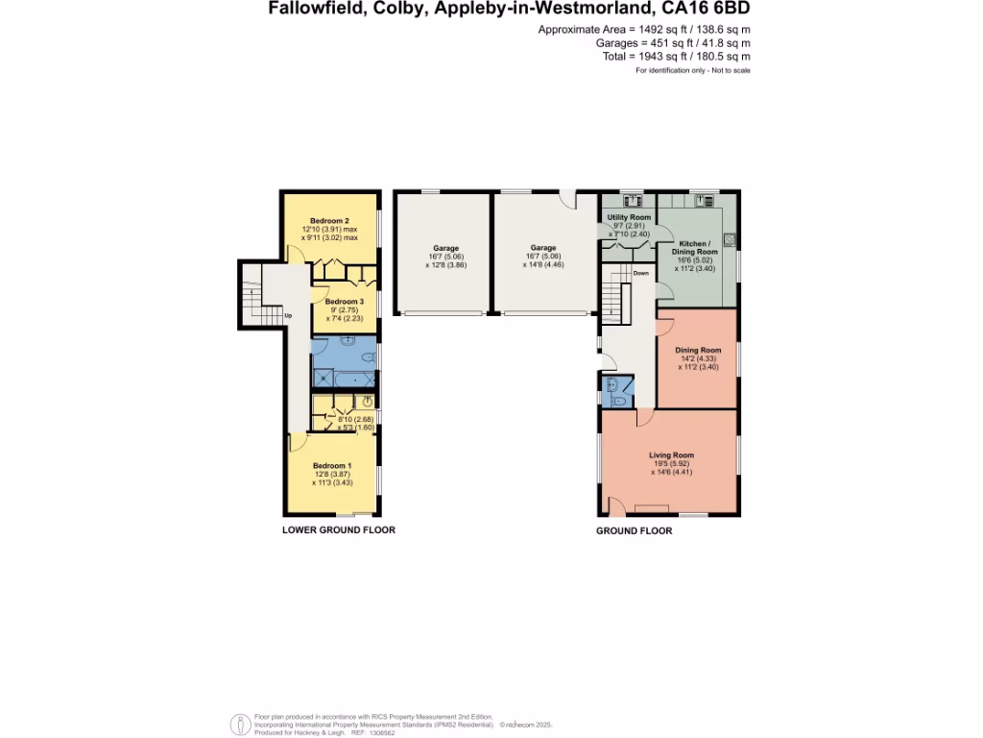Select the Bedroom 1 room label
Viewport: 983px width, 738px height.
(332, 465)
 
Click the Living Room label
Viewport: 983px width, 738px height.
(671, 455)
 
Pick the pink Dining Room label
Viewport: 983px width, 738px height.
(697, 350)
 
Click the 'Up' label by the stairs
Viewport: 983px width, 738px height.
(287, 315)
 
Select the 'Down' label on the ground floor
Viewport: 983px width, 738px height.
(640, 273)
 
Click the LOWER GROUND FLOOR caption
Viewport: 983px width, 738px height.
(338, 529)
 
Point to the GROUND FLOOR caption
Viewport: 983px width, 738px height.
(634, 530)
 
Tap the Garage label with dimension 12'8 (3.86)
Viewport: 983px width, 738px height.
(444, 248)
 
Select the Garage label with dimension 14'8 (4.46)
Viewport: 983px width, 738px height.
(543, 248)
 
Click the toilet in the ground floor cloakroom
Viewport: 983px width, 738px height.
(620, 400)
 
